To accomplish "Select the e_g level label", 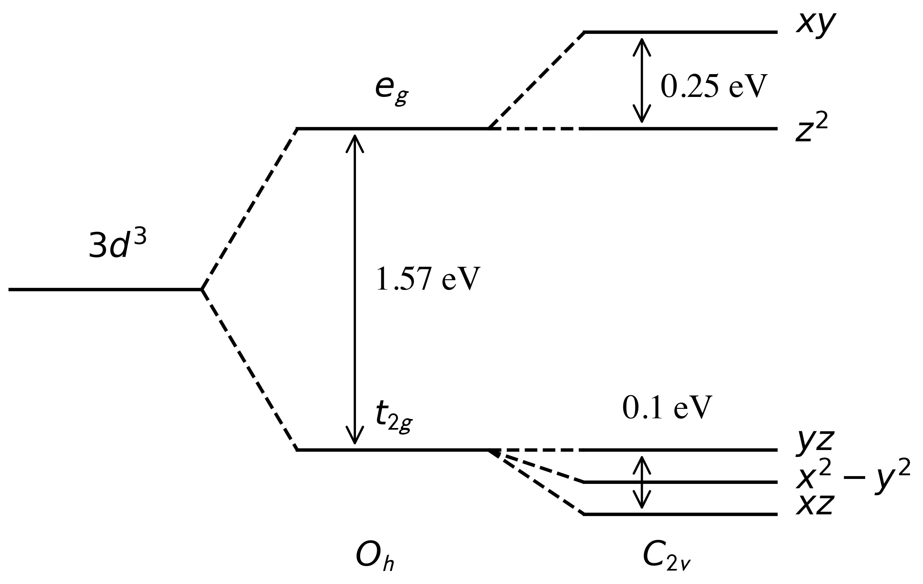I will point(391,90).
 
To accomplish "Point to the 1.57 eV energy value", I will point(425,279).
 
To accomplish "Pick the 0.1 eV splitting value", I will point(667,408).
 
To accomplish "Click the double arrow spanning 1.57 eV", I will point(355,289).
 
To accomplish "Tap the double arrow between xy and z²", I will point(642,80).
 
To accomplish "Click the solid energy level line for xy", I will point(680,32).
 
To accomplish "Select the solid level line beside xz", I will point(680,514).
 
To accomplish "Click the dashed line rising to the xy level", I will point(536,80).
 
